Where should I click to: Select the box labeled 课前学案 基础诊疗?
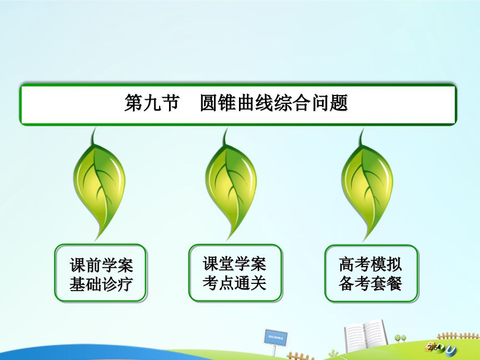[x=101, y=273]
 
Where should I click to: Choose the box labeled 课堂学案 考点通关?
[x=235, y=273]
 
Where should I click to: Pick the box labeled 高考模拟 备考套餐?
[x=370, y=273]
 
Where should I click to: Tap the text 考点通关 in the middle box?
[x=235, y=283]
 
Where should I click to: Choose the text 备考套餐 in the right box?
[x=370, y=283]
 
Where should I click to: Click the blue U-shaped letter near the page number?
[x=452, y=349]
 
